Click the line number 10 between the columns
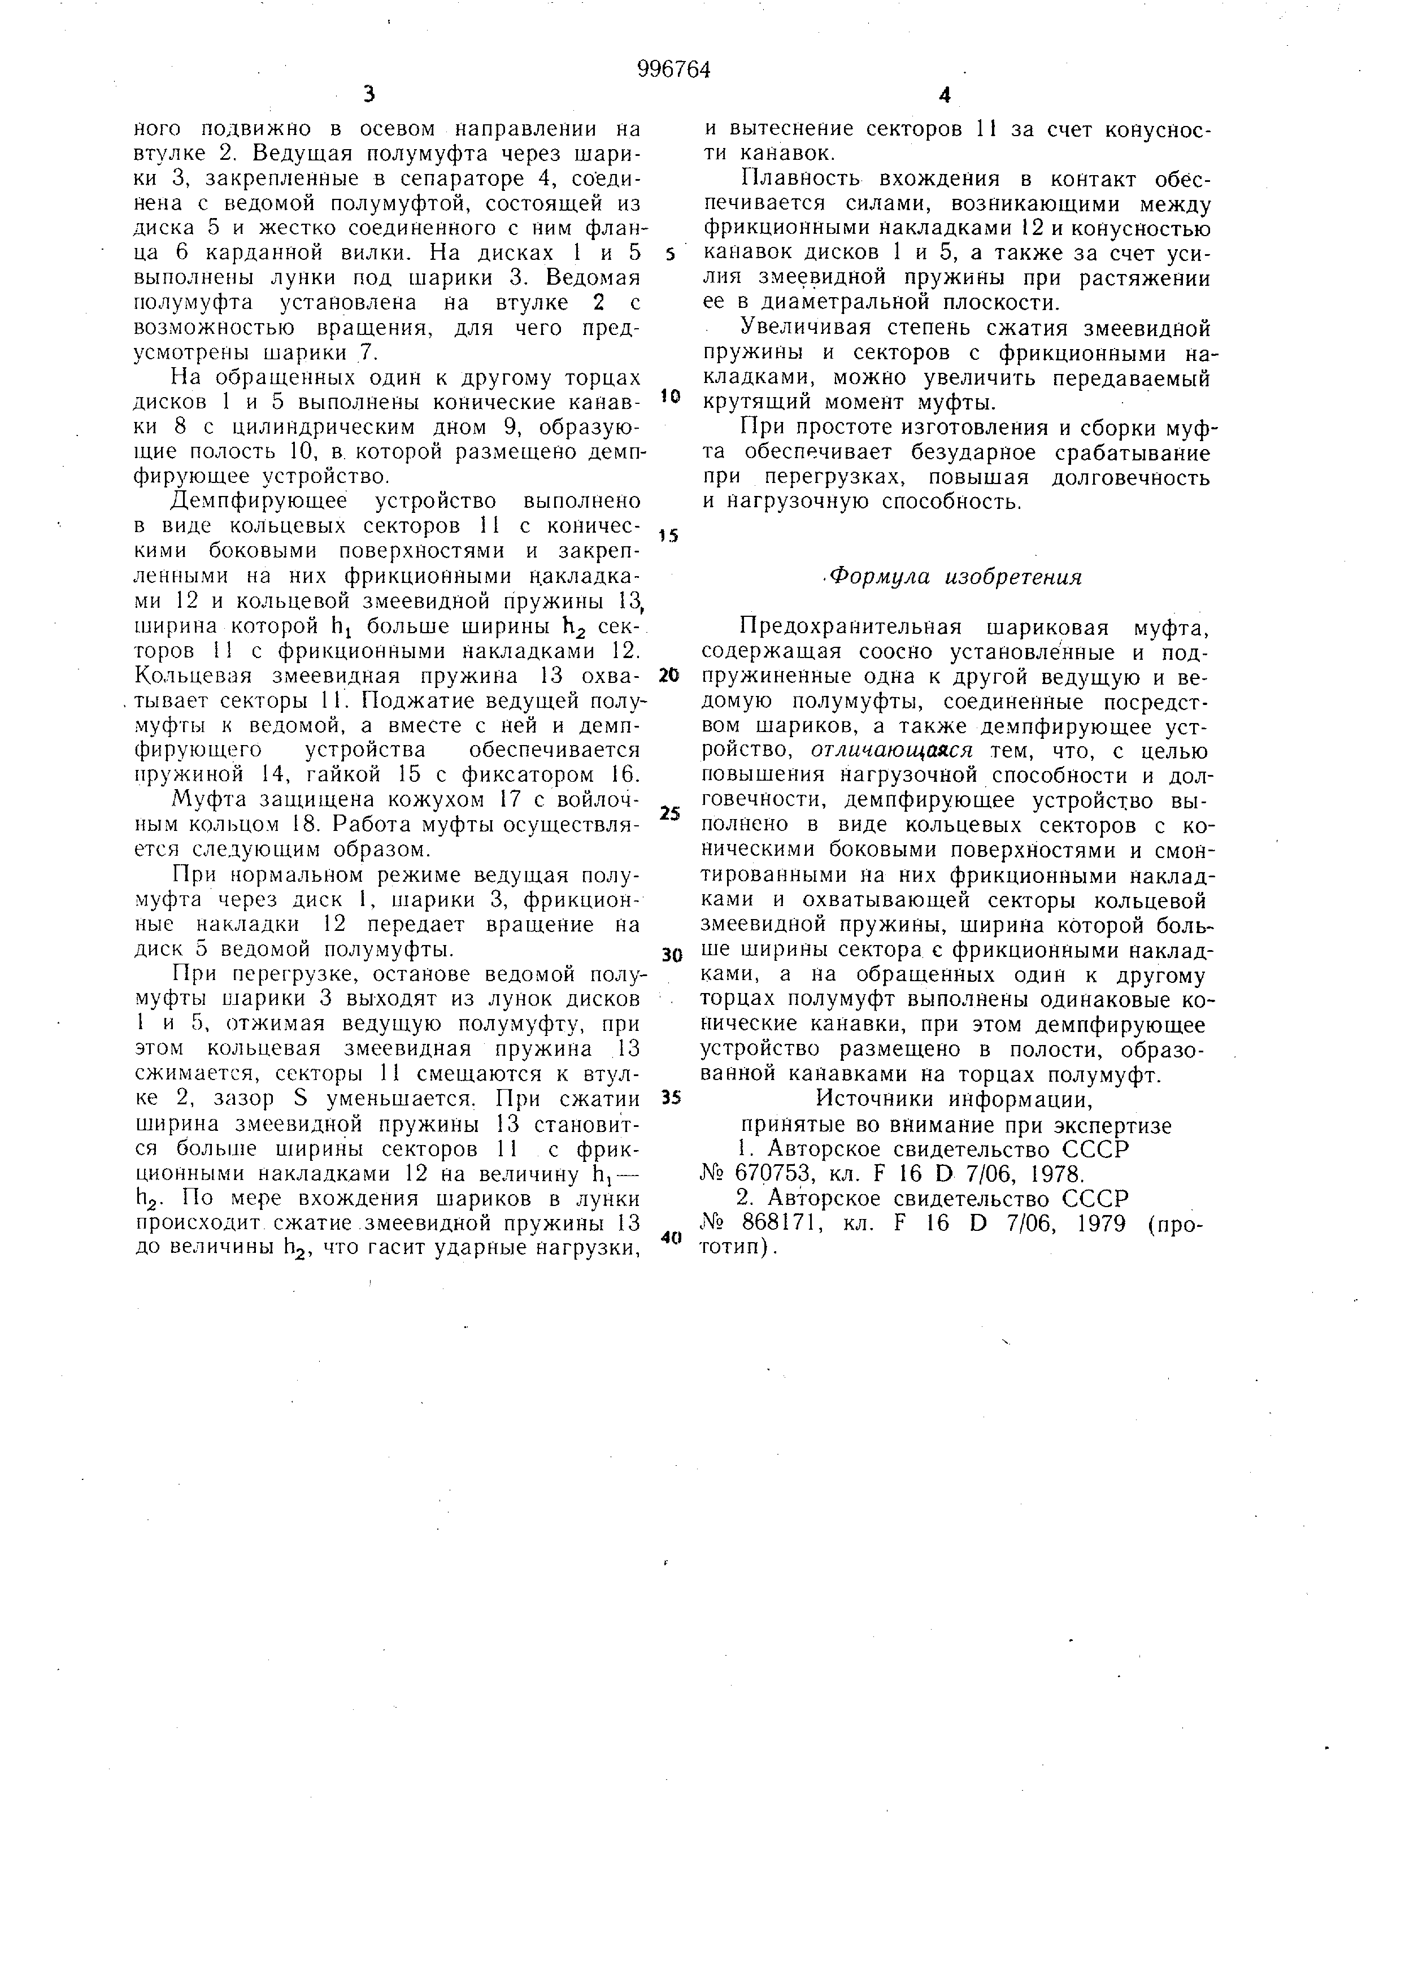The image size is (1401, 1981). [671, 396]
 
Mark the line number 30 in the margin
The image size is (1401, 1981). [671, 955]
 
